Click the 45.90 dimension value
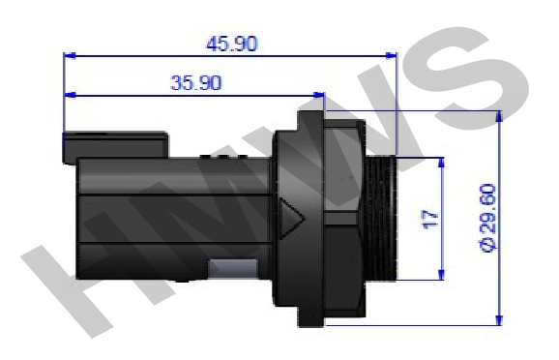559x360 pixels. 232,44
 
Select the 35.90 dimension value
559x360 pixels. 196,83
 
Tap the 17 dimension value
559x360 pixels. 430,220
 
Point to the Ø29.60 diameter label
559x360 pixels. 488,218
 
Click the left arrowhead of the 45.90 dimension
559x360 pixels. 70,56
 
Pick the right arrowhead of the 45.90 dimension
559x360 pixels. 391,56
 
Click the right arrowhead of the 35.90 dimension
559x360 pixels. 319,95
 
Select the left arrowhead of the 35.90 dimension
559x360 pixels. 70,95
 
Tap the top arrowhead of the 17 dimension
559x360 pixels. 441,163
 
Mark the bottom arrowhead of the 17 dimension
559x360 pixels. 441,275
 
